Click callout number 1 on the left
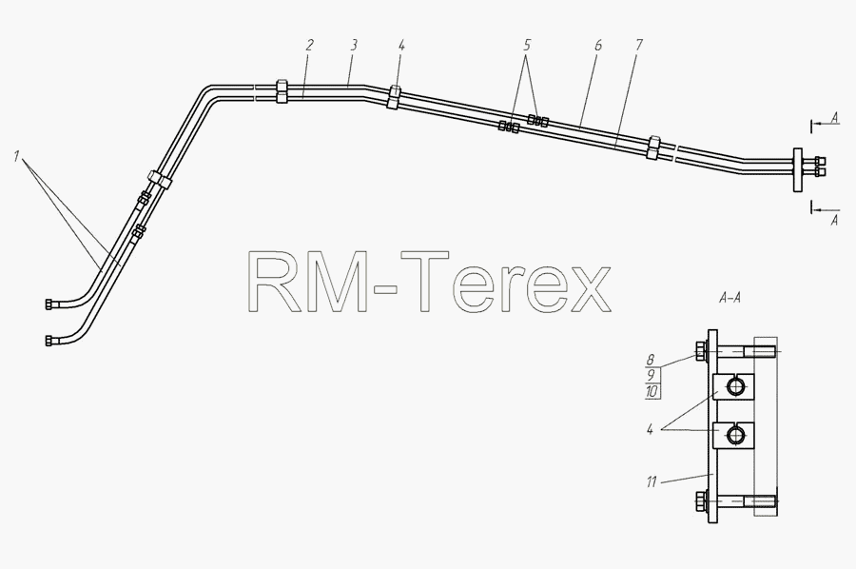click(x=17, y=157)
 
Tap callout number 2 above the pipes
click(x=309, y=45)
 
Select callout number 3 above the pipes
click(x=353, y=45)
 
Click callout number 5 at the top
click(x=526, y=45)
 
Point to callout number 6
click(x=598, y=45)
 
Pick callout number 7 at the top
click(x=639, y=45)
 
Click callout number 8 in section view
click(x=651, y=360)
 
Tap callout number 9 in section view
click(x=651, y=376)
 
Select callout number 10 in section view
click(x=652, y=391)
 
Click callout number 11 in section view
click(x=651, y=482)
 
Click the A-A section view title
click(x=730, y=298)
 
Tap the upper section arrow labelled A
click(x=826, y=125)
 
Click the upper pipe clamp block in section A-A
click(x=734, y=386)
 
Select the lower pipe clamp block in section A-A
click(x=734, y=435)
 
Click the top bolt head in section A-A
click(x=699, y=351)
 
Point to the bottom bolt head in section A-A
click(x=699, y=500)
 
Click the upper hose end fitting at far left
click(x=49, y=304)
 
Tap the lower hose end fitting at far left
click(x=49, y=341)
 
